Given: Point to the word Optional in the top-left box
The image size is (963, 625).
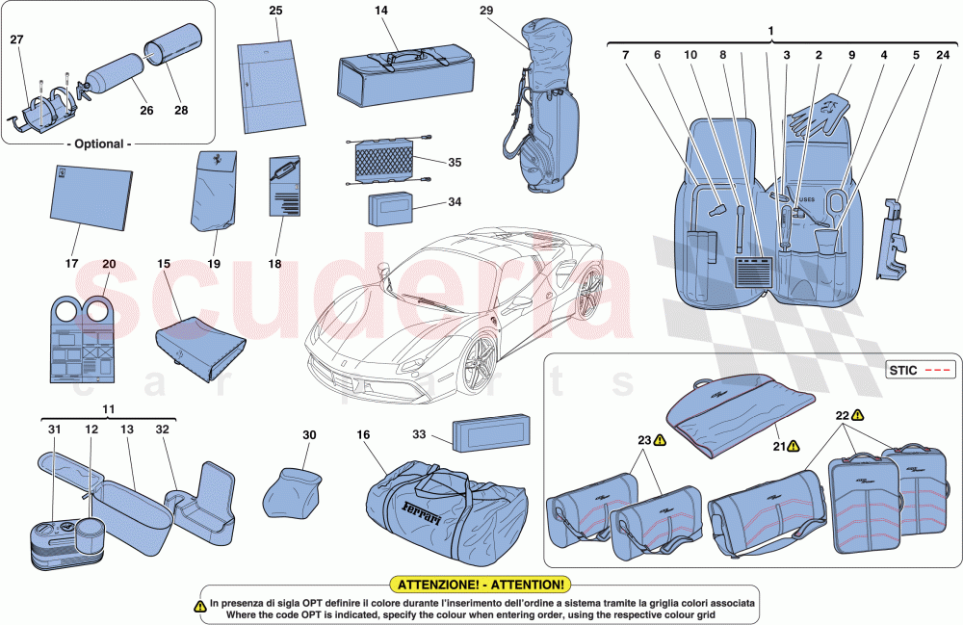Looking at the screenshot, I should [99, 143].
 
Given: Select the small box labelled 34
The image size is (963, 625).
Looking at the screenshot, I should [389, 208].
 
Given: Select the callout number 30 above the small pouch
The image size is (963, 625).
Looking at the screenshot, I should [309, 435].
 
